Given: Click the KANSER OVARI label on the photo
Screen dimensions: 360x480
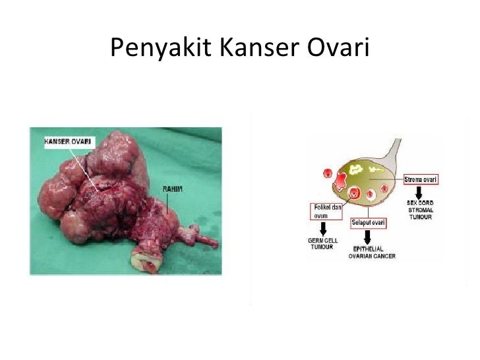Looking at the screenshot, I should pyautogui.click(x=69, y=141).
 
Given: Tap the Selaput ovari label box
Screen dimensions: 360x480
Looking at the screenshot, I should pyautogui.click(x=369, y=224).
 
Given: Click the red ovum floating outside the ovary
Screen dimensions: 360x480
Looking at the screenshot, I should pyautogui.click(x=326, y=173).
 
